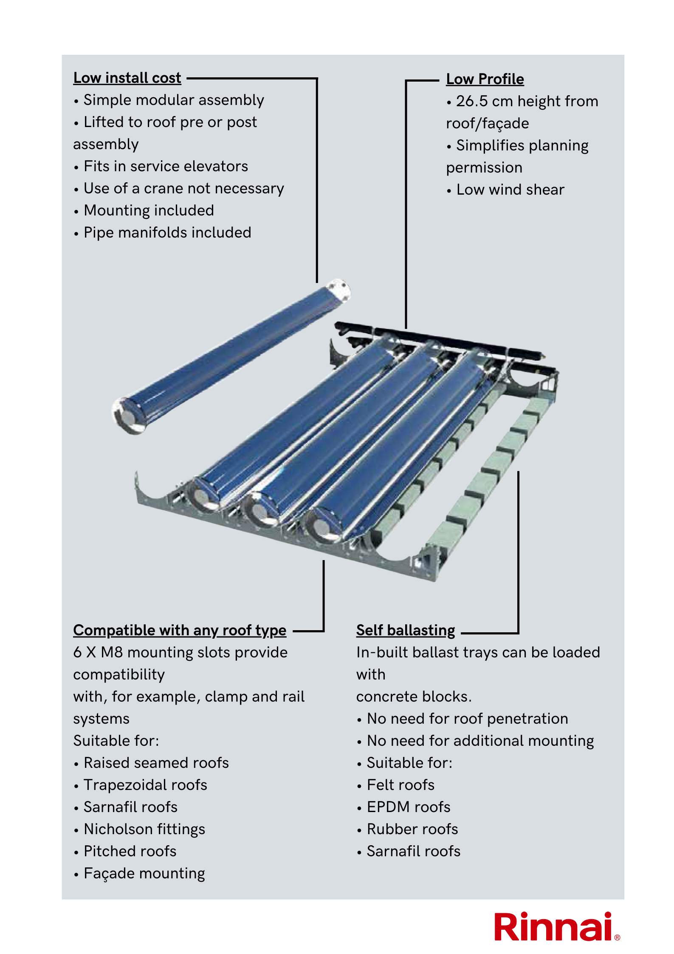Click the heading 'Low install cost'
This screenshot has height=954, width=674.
(x=127, y=78)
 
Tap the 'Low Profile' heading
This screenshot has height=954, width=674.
(x=485, y=79)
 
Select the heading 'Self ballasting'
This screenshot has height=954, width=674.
(x=405, y=630)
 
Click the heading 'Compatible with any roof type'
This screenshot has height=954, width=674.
(x=180, y=630)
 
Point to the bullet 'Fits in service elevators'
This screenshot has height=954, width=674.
(x=166, y=166)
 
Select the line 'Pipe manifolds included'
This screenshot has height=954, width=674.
(x=167, y=232)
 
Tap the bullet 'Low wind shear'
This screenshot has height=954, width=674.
(x=510, y=190)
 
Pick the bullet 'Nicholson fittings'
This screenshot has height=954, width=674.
(x=144, y=829)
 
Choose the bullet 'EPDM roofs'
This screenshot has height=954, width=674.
(x=408, y=807)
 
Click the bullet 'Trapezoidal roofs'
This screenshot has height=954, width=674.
(x=145, y=785)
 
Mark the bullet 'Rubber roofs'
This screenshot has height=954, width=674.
(x=412, y=829)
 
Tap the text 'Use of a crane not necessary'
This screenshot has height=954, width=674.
(x=183, y=188)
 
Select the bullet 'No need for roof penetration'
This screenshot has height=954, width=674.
(x=467, y=719)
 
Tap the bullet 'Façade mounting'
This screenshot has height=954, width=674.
(x=144, y=873)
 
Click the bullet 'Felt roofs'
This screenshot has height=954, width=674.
(x=400, y=785)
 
